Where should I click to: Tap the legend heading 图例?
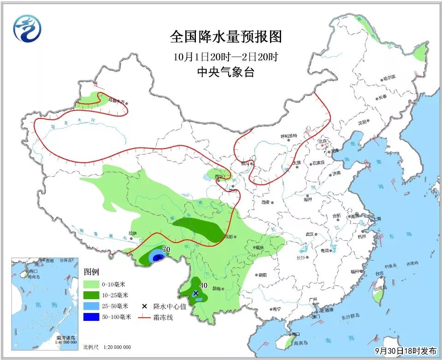[x=91, y=272]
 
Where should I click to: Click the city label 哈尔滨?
[x=389, y=78]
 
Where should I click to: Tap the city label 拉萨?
[x=133, y=233]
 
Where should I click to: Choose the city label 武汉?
[x=309, y=234]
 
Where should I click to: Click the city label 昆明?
[x=217, y=289]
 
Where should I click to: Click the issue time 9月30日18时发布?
[x=405, y=351]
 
